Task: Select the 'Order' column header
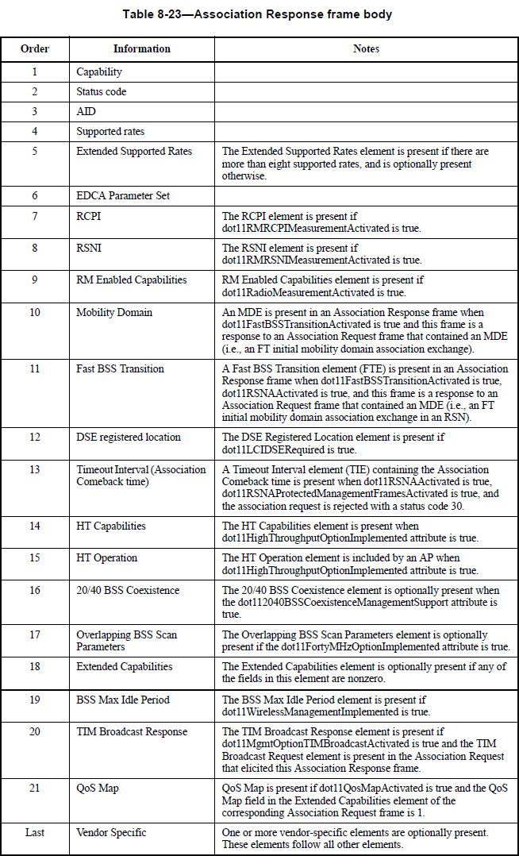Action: point(35,49)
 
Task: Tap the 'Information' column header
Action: point(141,49)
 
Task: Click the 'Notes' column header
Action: point(366,49)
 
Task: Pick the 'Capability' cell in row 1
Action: point(99,72)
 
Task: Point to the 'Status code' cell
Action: point(101,92)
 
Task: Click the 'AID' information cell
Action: point(86,112)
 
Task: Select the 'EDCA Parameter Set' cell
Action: point(123,195)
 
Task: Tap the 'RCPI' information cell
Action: point(88,216)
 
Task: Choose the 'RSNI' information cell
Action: point(89,248)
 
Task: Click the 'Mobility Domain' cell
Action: point(114,312)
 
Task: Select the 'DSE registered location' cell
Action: point(129,438)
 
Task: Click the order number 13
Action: point(35,469)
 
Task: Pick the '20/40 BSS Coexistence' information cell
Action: point(128,590)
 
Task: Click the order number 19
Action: point(35,700)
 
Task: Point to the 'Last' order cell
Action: point(35,832)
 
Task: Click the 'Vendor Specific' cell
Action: point(112,832)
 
